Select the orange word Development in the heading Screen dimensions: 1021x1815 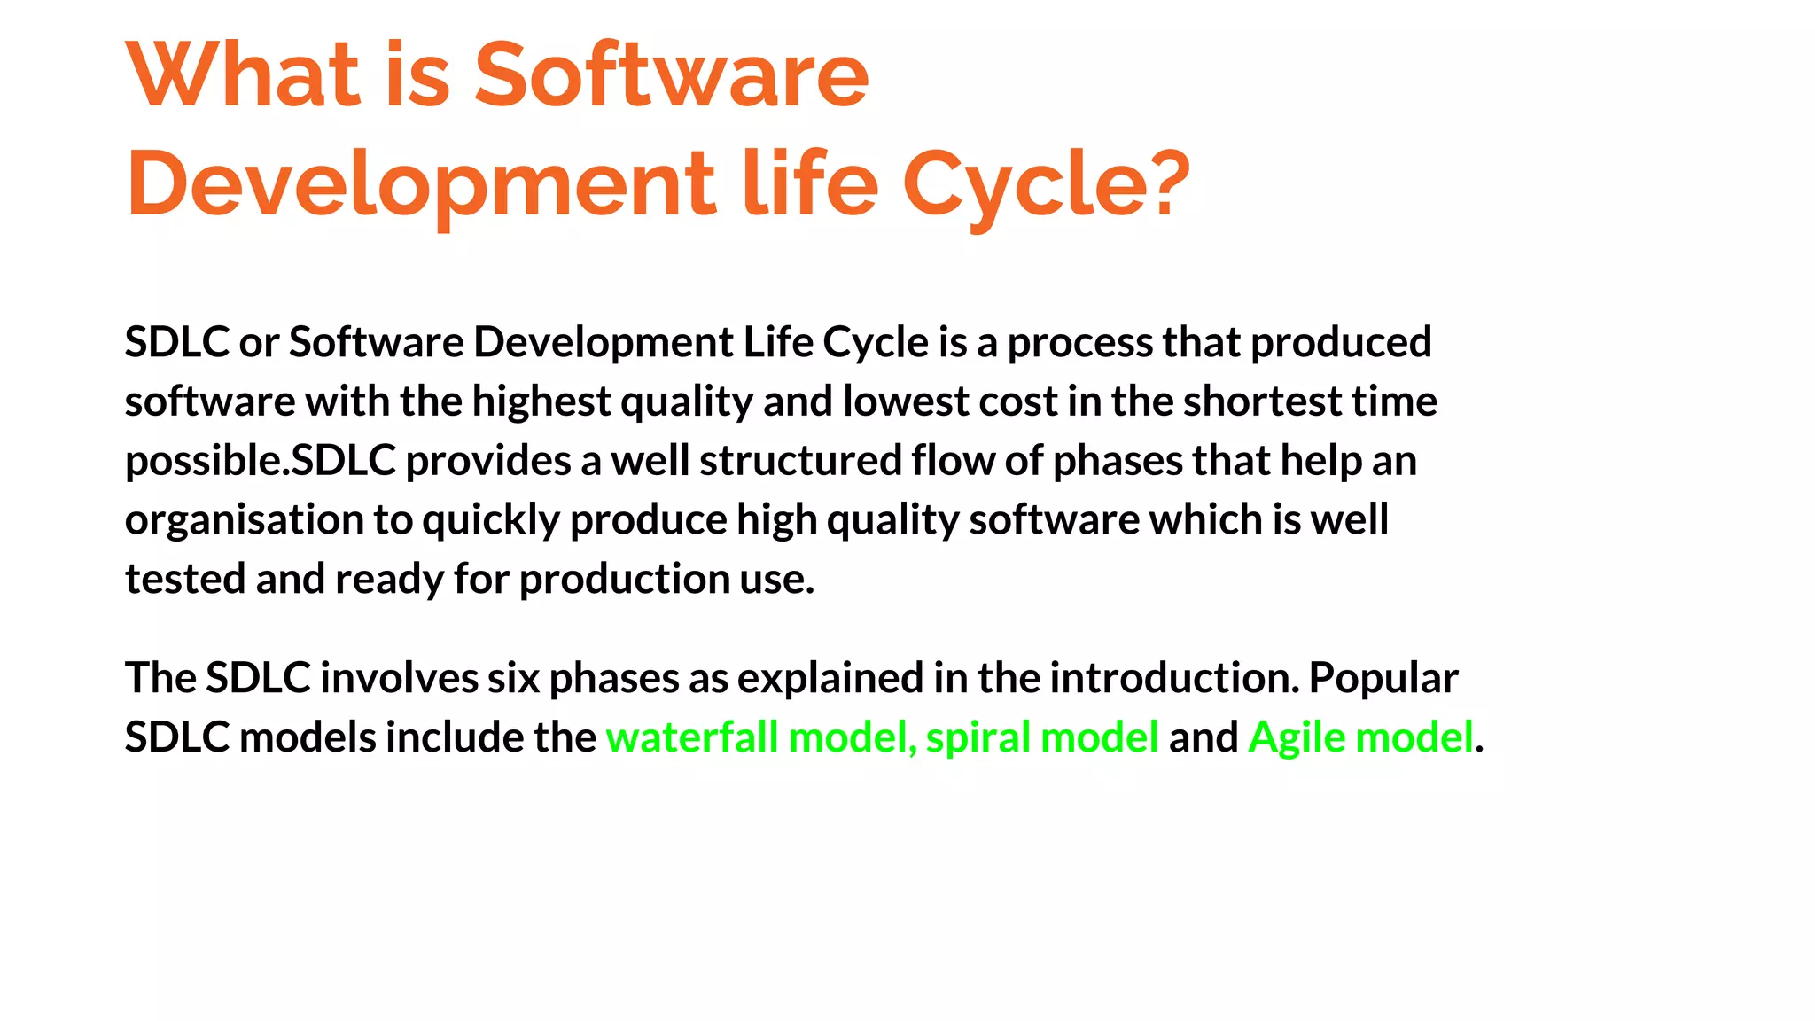(x=420, y=183)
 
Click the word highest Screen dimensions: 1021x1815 (x=541, y=401)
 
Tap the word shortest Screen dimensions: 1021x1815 (x=1262, y=401)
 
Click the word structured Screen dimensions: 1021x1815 (x=800, y=461)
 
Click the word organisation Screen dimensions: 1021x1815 (x=245, y=520)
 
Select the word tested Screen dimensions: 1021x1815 (x=185, y=580)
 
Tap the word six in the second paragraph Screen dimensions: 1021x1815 (x=513, y=678)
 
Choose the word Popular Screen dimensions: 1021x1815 (x=1383, y=678)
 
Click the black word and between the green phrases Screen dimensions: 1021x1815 (x=1203, y=737)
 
